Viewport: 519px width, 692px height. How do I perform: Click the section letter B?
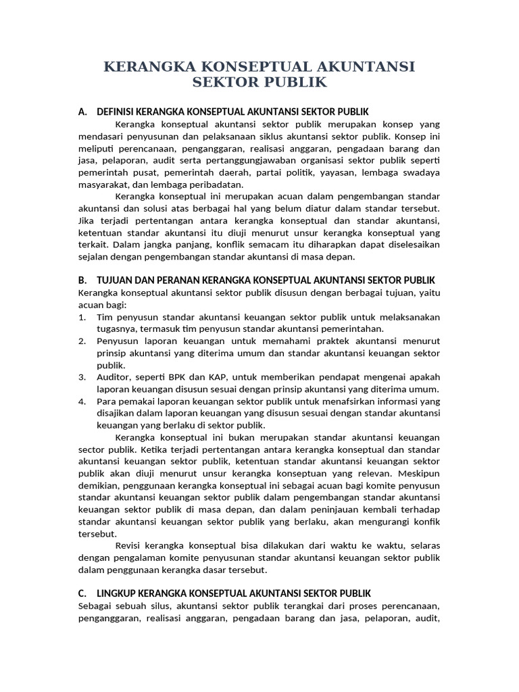82,280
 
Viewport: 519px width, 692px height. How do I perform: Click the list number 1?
82,317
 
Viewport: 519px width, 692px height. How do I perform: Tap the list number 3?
82,377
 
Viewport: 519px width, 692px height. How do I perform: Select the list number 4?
82,401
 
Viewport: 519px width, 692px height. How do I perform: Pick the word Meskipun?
420,474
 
